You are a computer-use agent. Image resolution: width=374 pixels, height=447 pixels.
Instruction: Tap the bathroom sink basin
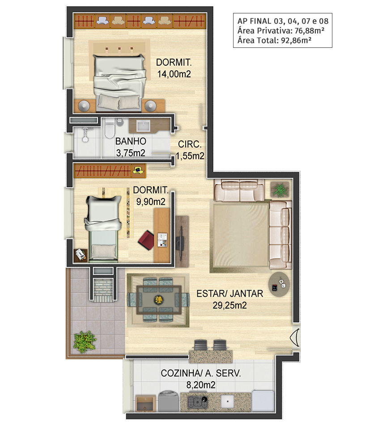tap(143, 126)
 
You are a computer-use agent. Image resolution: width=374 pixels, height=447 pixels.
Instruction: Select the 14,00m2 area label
tap(174, 74)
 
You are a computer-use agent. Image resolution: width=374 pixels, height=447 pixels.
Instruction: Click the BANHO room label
tap(131, 141)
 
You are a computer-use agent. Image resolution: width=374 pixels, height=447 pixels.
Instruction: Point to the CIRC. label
tap(190, 144)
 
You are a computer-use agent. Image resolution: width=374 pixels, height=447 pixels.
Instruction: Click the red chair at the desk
tap(147, 240)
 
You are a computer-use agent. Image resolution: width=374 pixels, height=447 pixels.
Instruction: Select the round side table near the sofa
tap(279, 284)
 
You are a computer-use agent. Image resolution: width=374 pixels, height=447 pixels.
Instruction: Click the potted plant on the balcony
tap(84, 342)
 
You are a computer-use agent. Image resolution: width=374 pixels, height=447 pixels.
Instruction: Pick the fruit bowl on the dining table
tap(158, 299)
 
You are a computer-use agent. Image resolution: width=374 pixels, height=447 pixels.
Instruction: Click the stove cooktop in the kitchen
tap(197, 402)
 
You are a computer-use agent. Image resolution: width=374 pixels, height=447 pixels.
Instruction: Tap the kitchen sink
tap(227, 401)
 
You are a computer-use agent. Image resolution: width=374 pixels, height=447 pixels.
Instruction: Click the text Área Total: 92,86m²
tap(274, 41)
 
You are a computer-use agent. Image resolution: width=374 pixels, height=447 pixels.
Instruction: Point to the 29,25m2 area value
tap(229, 305)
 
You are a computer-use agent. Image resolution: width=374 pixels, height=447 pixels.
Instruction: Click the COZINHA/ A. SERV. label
tap(201, 373)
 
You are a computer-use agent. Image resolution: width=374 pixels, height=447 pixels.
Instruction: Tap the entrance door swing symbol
tap(295, 338)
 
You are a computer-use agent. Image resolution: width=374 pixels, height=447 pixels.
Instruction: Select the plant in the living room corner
tap(280, 190)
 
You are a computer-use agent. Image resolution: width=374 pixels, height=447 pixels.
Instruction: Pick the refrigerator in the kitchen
tap(263, 401)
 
